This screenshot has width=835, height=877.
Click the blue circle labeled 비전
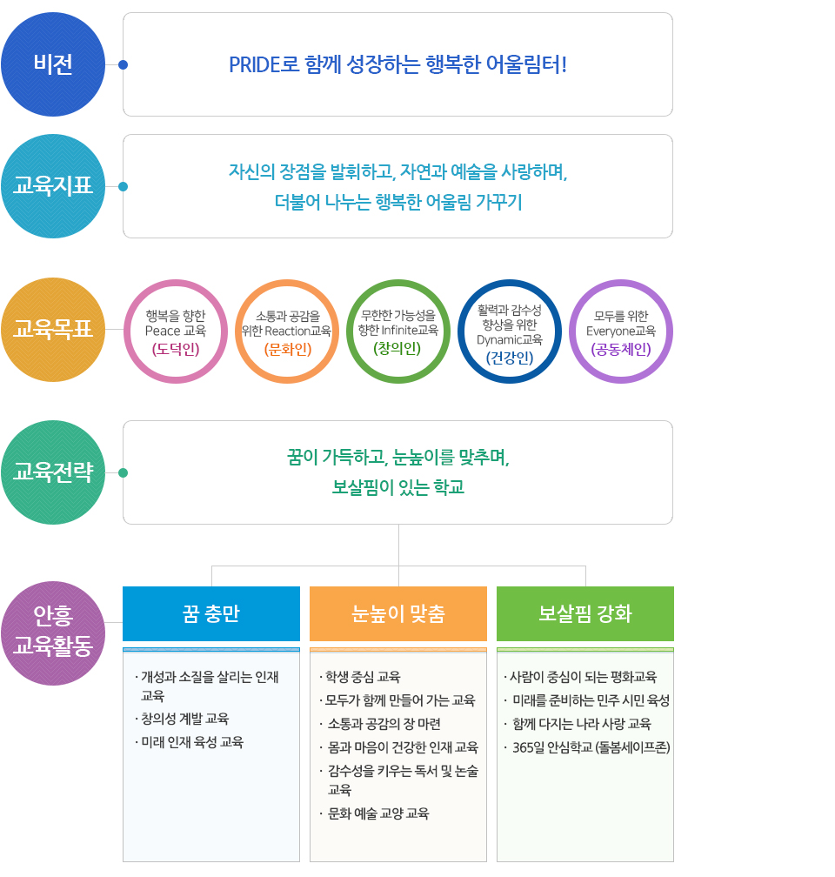click(x=53, y=64)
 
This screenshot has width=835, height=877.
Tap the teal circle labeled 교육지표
click(x=53, y=186)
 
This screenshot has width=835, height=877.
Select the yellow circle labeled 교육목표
click(x=53, y=330)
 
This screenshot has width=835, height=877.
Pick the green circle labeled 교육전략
click(x=53, y=472)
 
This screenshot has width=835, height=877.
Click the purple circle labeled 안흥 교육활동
click(x=53, y=633)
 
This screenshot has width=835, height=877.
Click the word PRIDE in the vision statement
click(x=255, y=65)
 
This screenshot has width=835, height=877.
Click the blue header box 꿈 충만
click(x=211, y=613)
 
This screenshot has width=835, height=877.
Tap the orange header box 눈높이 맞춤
click(x=398, y=613)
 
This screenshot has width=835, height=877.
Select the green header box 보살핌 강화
click(x=585, y=613)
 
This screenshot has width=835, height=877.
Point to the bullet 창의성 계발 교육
click(x=183, y=719)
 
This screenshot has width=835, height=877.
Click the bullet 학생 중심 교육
click(x=360, y=677)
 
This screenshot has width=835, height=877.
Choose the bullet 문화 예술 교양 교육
click(x=375, y=813)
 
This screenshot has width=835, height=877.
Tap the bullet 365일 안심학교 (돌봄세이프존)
click(x=587, y=748)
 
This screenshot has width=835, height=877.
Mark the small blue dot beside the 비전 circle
click(x=123, y=65)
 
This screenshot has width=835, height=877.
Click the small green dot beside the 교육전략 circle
click(x=123, y=473)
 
